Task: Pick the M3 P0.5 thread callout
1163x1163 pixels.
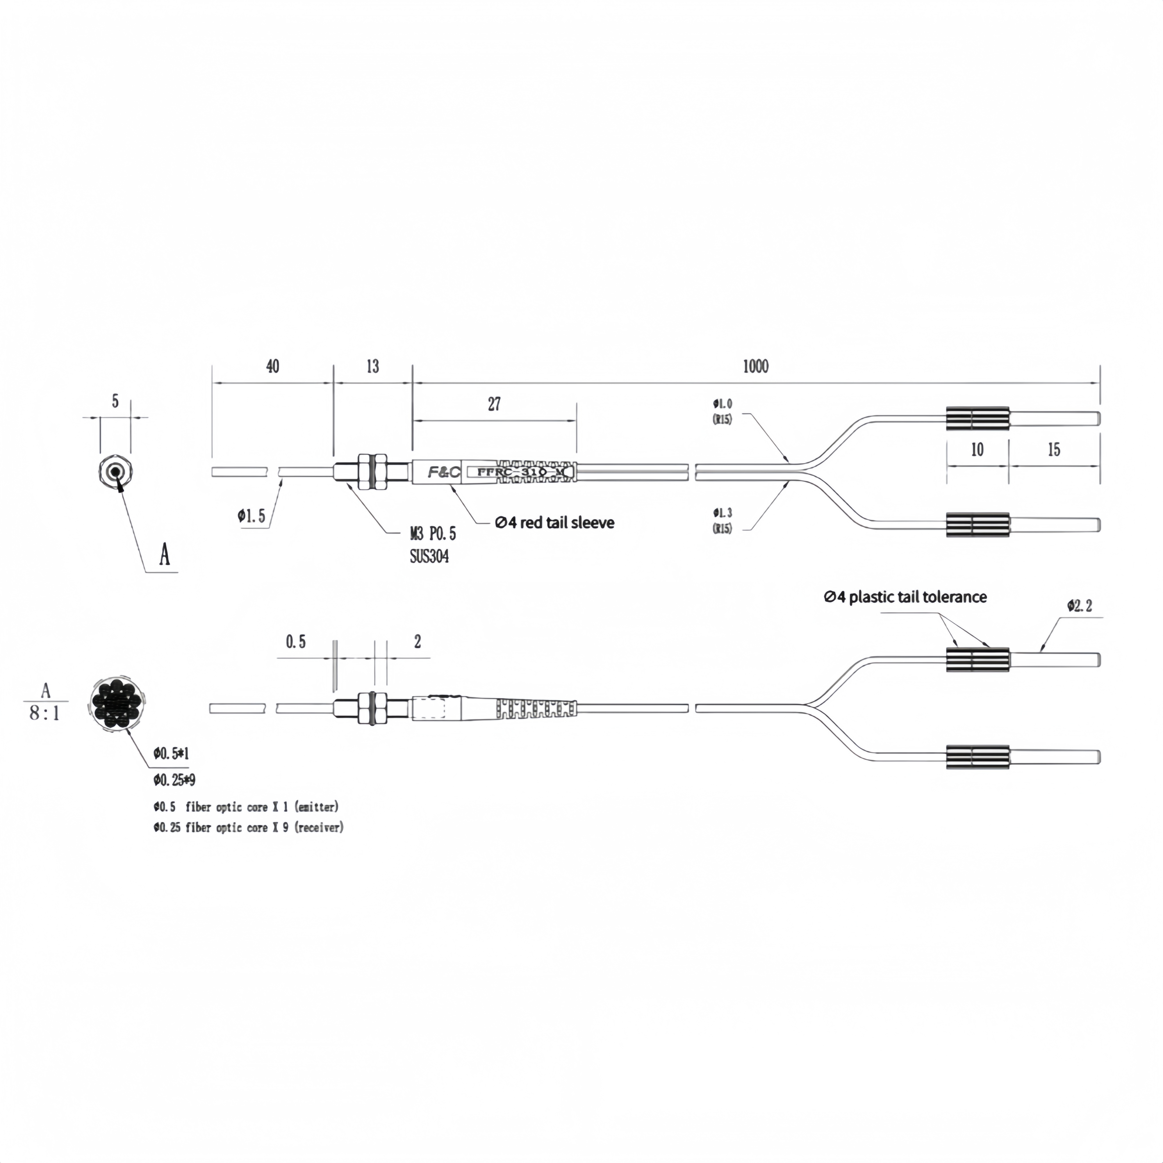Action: pyautogui.click(x=433, y=533)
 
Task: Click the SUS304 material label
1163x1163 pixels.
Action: pyautogui.click(x=429, y=556)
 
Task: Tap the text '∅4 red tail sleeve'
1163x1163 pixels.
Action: pyautogui.click(x=554, y=522)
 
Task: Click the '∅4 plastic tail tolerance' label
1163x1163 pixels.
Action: pyautogui.click(x=905, y=597)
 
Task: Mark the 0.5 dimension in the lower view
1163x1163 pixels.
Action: pyautogui.click(x=296, y=642)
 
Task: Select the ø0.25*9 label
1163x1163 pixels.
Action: pyautogui.click(x=174, y=780)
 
